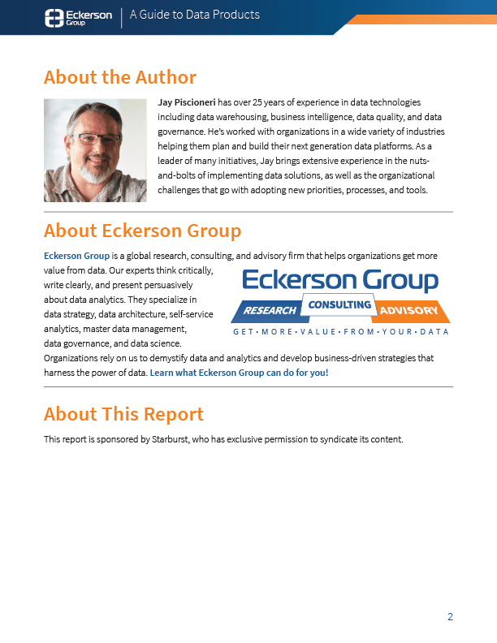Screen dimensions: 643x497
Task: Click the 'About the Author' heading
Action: tap(120, 78)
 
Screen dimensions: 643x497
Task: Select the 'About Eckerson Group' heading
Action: tap(142, 231)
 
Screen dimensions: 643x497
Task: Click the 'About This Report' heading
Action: tap(123, 414)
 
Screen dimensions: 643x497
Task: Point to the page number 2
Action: tap(450, 617)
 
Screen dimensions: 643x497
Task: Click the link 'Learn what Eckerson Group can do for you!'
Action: tap(239, 373)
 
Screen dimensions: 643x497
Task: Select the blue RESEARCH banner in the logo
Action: tap(267, 311)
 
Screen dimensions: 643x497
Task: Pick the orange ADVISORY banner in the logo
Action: tap(408, 311)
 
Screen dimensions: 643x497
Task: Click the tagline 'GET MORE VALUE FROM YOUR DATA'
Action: tap(340, 332)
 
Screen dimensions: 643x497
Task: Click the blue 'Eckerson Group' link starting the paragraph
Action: tap(76, 256)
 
